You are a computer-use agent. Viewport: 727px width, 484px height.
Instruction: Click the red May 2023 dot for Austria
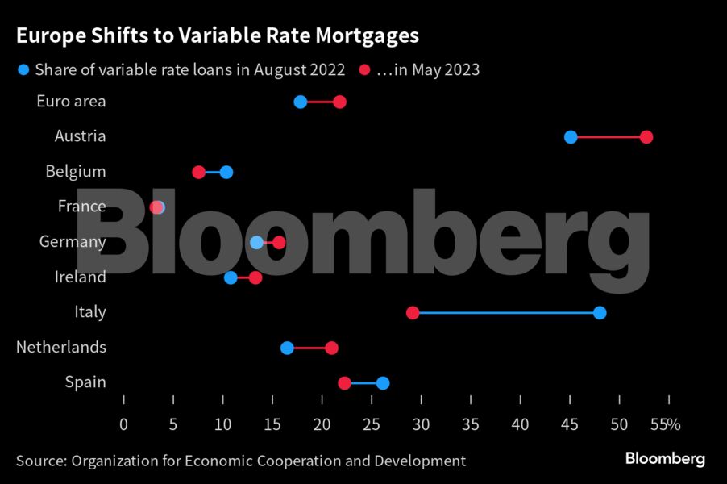(646, 137)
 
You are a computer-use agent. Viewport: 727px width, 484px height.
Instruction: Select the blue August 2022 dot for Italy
(599, 313)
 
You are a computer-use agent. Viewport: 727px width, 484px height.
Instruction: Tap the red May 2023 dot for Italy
(413, 313)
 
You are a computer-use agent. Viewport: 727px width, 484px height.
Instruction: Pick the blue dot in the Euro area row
(301, 102)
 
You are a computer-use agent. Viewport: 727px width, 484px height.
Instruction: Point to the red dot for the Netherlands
(331, 348)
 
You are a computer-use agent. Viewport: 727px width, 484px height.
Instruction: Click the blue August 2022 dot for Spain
(383, 383)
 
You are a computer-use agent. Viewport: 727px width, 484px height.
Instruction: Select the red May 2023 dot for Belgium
(199, 172)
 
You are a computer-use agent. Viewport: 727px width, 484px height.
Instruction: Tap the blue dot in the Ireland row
(231, 277)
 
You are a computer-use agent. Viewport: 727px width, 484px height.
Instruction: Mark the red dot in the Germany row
(279, 242)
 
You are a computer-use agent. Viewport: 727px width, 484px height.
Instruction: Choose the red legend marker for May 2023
(364, 70)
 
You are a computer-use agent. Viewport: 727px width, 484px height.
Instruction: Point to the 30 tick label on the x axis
(422, 424)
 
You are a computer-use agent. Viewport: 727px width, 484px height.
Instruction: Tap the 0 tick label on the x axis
(123, 424)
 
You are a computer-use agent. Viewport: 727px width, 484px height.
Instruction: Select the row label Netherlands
(61, 347)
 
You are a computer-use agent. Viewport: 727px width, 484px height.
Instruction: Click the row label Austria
(80, 136)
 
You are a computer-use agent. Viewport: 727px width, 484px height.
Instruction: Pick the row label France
(81, 207)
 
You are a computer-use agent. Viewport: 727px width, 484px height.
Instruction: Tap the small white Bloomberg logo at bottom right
(665, 459)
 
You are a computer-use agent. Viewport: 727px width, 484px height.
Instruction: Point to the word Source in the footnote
(39, 461)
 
